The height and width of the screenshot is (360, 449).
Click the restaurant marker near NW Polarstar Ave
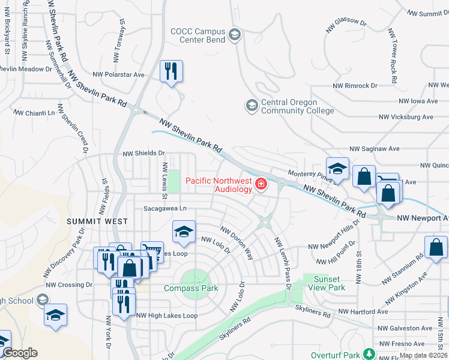(171, 72)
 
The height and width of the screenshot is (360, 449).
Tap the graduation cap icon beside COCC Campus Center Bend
(234, 35)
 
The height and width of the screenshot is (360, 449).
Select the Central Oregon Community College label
(297, 106)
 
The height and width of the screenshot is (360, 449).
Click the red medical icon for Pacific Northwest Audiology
(261, 184)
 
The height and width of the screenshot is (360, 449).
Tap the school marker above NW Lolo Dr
(184, 232)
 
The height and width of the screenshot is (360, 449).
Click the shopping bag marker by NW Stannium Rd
(436, 247)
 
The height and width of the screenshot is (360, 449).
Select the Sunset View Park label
(330, 283)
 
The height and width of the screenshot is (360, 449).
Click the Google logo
(19, 353)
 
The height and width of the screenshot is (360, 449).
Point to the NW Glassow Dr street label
(346, 25)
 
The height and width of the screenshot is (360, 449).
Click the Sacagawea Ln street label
(165, 208)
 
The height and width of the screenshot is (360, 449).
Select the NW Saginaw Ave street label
(374, 148)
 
